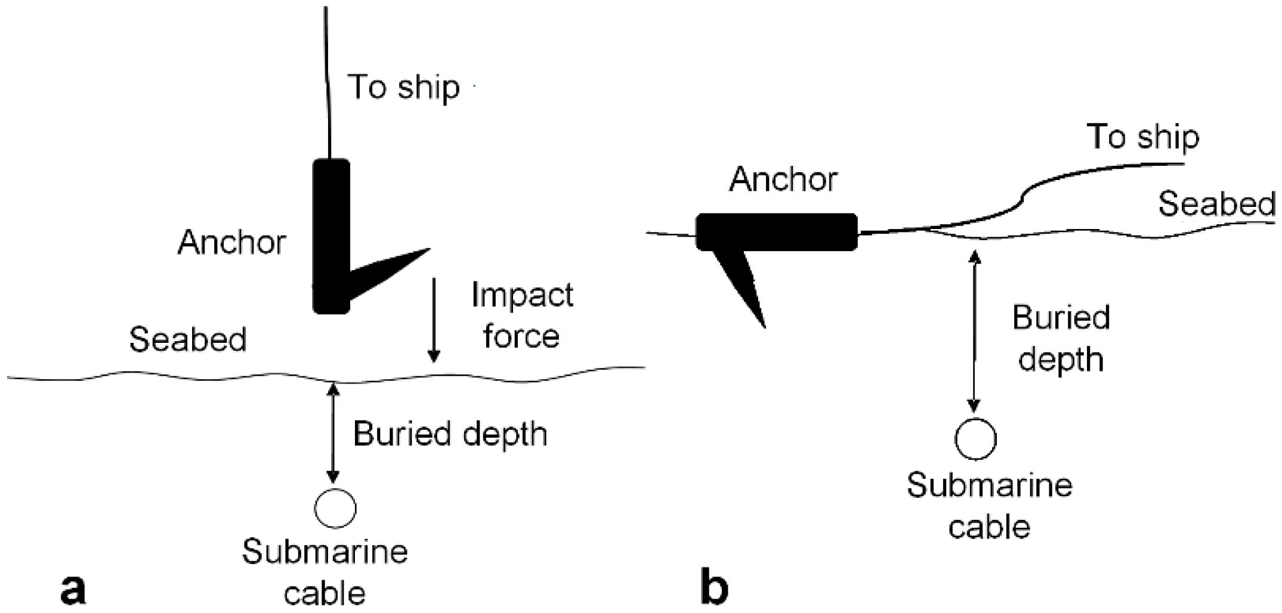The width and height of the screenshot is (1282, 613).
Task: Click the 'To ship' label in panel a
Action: tap(403, 88)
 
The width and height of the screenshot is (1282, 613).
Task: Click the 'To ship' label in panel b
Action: tap(1142, 138)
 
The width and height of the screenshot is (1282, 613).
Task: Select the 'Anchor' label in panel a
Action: tap(231, 243)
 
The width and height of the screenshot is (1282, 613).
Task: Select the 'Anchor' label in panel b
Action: tap(783, 179)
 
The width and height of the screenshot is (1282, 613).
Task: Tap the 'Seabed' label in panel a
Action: tap(187, 340)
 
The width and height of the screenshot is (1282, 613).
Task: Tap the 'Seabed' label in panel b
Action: tap(1216, 204)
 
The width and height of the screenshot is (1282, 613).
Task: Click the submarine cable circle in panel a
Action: tap(335, 508)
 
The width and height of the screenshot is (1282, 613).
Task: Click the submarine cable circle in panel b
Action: tap(975, 439)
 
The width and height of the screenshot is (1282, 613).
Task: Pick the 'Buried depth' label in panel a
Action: tap(450, 434)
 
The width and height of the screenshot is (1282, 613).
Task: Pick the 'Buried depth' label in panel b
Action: tap(1061, 338)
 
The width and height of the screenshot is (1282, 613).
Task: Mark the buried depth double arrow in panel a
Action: tap(333, 433)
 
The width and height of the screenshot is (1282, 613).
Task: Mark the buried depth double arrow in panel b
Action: tap(975, 331)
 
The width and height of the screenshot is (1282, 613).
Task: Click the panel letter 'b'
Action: tap(714, 587)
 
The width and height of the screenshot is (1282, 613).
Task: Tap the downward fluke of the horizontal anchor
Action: tap(743, 286)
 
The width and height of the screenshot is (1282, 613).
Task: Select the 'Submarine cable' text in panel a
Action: tap(325, 571)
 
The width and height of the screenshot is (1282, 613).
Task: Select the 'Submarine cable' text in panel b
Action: tap(990, 506)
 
